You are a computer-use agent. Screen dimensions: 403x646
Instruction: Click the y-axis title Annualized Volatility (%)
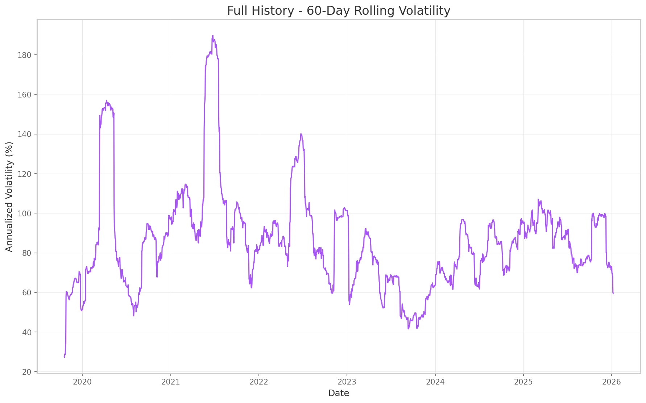(x=9, y=197)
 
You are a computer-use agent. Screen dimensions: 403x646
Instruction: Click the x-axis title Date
(x=339, y=393)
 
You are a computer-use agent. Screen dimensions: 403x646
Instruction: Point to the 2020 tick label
(x=82, y=382)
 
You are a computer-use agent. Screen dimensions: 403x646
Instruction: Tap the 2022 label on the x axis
(x=258, y=382)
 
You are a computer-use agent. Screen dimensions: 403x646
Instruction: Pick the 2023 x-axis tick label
(x=347, y=382)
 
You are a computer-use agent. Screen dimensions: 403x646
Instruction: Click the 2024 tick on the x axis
(x=435, y=382)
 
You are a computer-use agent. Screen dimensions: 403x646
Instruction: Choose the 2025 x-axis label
(x=523, y=382)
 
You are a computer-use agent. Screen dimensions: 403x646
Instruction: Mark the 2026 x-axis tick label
(x=612, y=382)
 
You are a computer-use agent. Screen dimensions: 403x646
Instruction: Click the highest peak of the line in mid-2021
(x=213, y=36)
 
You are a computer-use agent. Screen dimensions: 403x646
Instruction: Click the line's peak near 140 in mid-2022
(x=301, y=134)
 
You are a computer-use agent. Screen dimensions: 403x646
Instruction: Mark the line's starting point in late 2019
(x=64, y=357)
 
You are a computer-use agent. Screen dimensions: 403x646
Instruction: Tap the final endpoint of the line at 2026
(x=613, y=293)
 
